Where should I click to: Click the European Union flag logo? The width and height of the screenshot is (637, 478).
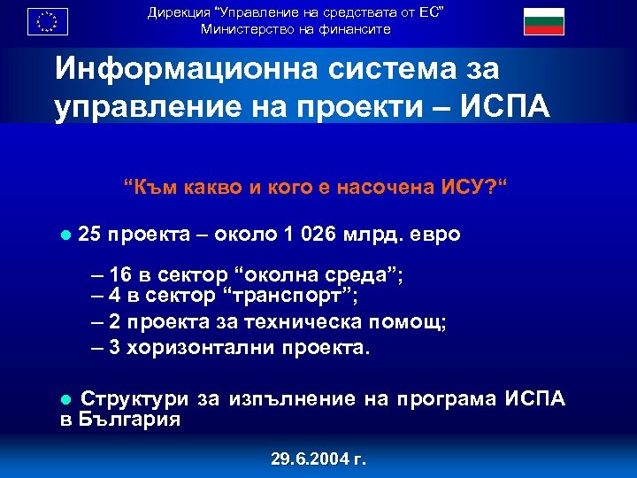coord(48,19)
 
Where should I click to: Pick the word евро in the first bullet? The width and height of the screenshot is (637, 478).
coord(438,235)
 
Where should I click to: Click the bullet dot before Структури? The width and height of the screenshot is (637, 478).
coord(65,400)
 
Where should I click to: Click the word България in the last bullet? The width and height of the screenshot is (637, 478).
coord(127,420)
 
